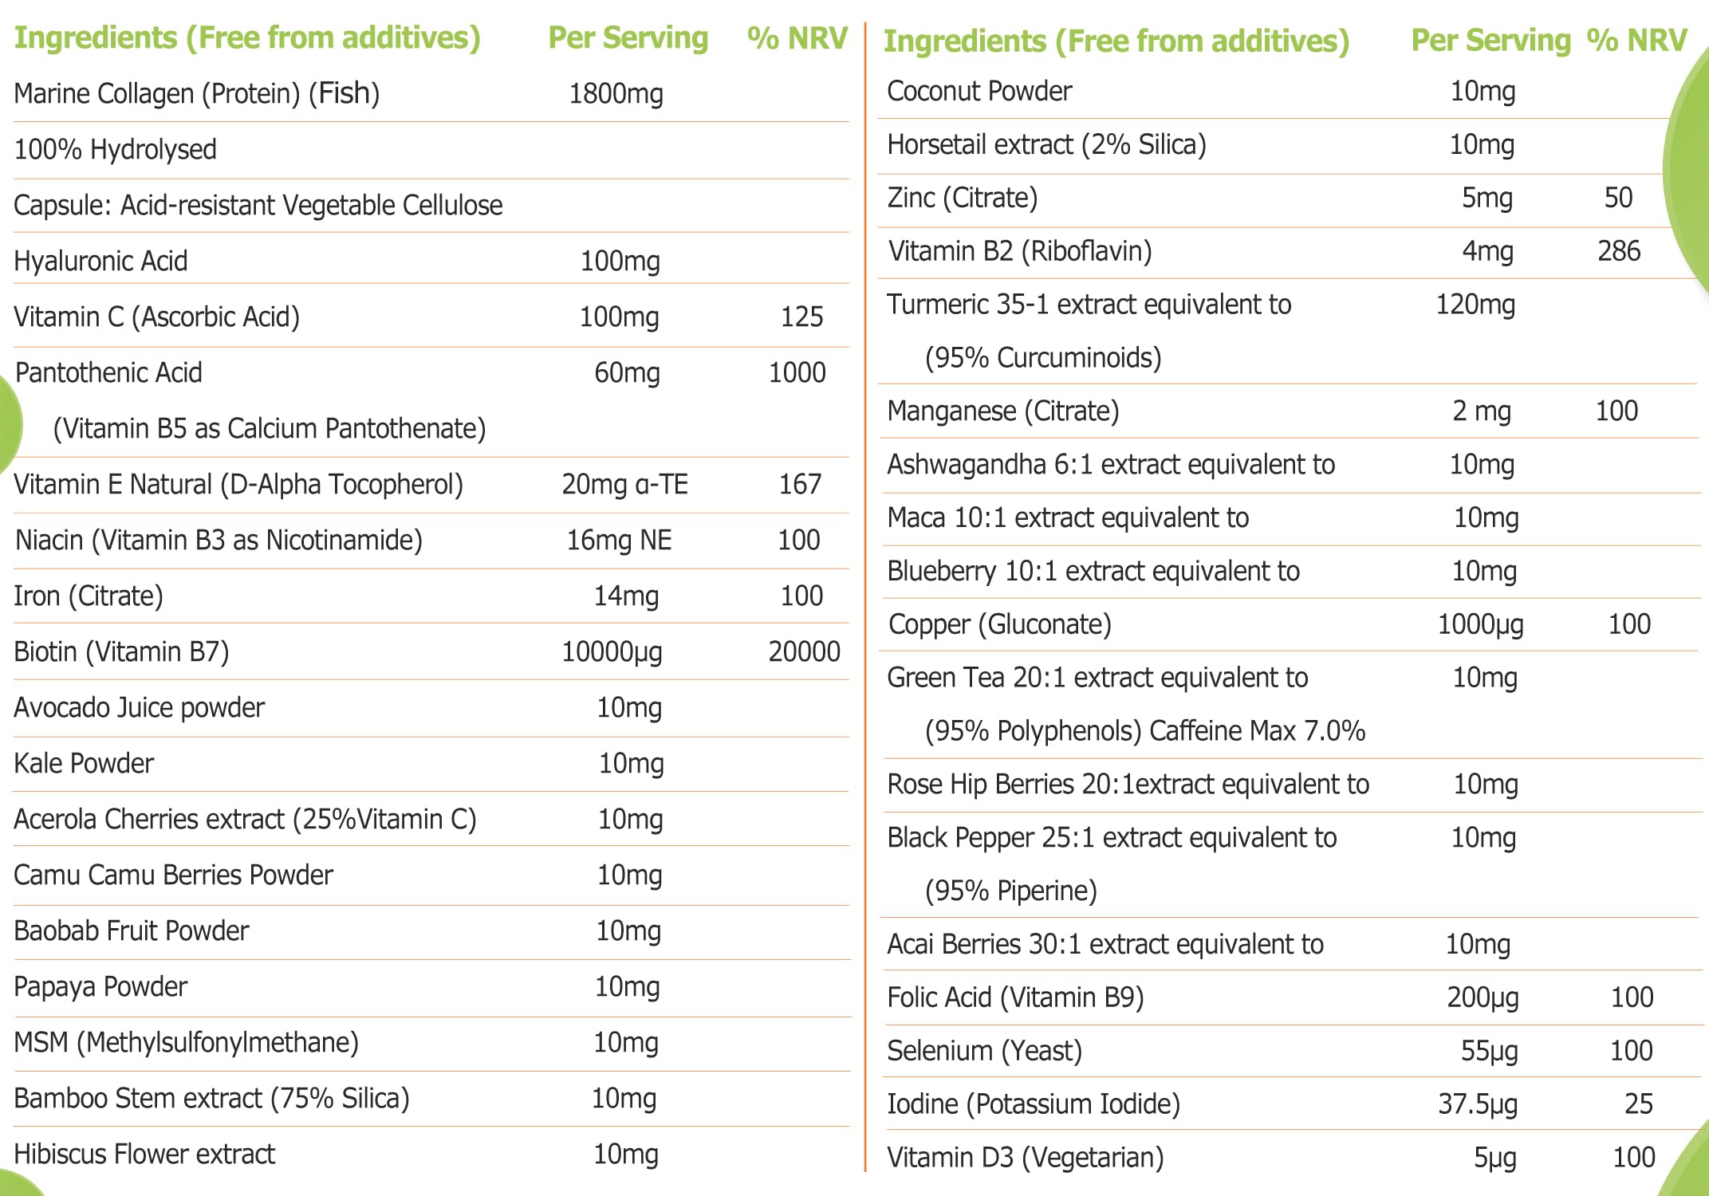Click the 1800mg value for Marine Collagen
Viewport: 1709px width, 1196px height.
point(616,94)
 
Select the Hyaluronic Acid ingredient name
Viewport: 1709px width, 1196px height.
point(101,262)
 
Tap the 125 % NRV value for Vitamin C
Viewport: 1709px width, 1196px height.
point(801,317)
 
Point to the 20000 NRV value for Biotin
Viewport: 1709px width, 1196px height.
point(804,652)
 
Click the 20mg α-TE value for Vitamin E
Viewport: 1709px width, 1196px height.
point(624,485)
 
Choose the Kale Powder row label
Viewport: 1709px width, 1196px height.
point(84,764)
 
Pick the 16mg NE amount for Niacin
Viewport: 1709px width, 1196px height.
point(619,541)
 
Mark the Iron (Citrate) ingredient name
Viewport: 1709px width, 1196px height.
point(89,596)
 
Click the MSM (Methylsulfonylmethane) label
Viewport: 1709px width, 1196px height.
point(187,1043)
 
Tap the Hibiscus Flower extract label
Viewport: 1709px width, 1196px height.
point(144,1155)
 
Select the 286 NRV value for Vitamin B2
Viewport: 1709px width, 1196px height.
point(1619,252)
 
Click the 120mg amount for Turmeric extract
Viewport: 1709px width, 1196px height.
point(1475,305)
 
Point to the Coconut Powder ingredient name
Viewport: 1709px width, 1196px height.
point(979,92)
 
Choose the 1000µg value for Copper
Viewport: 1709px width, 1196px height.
point(1480,625)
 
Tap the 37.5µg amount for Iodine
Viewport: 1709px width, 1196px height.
point(1478,1104)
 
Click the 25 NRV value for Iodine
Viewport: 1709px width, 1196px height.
point(1638,1104)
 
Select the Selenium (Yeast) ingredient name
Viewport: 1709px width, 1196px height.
point(984,1051)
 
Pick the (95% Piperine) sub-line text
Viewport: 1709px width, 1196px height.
point(1011,891)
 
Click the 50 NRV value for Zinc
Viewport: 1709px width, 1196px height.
point(1618,199)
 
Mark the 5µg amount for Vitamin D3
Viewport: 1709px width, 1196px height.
point(1494,1158)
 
